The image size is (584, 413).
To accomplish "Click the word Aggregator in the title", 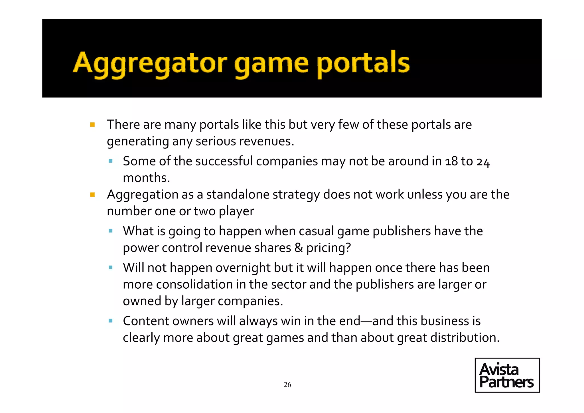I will click(x=150, y=63).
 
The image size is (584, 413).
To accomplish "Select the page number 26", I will click(x=287, y=385).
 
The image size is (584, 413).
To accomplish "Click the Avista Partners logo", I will click(x=507, y=375).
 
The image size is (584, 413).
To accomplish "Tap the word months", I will click(x=146, y=178).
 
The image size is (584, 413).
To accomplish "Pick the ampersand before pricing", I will click(x=299, y=248).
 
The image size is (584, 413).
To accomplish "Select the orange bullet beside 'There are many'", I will click(x=92, y=125).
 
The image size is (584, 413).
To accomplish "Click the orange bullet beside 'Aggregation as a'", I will click(x=92, y=195).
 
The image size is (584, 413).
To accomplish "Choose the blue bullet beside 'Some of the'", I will click(x=111, y=161).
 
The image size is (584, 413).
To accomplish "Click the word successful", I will click(x=224, y=161).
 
